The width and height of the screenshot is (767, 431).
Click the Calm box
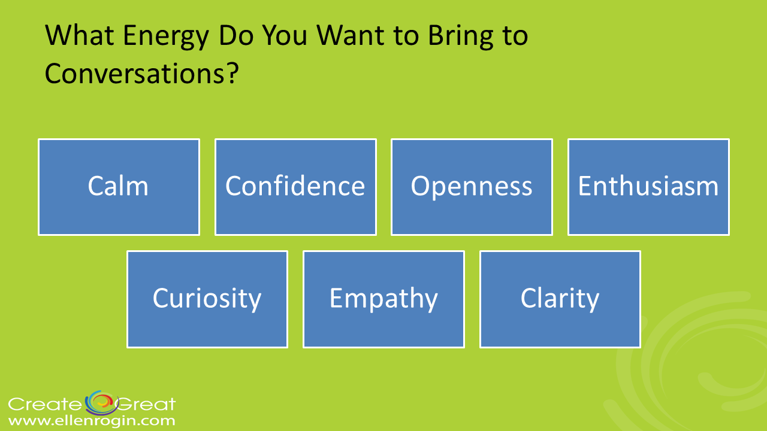point(119,187)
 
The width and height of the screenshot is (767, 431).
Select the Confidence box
point(295,187)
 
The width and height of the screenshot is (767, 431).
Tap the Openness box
point(472,187)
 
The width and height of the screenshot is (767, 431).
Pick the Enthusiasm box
point(648,187)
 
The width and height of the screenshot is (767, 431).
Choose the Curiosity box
point(207,299)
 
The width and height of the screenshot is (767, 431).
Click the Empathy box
point(384,299)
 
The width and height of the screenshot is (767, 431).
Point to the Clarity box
point(560,299)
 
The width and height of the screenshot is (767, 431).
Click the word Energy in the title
point(166,37)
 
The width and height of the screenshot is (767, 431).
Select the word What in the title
point(80,35)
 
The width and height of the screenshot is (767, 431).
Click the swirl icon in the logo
point(102,403)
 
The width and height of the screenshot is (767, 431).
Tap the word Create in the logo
point(44,404)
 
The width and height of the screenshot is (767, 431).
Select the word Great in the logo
point(147,404)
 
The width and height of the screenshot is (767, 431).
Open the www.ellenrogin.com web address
point(92,420)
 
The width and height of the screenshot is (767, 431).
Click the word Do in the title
point(236,35)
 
